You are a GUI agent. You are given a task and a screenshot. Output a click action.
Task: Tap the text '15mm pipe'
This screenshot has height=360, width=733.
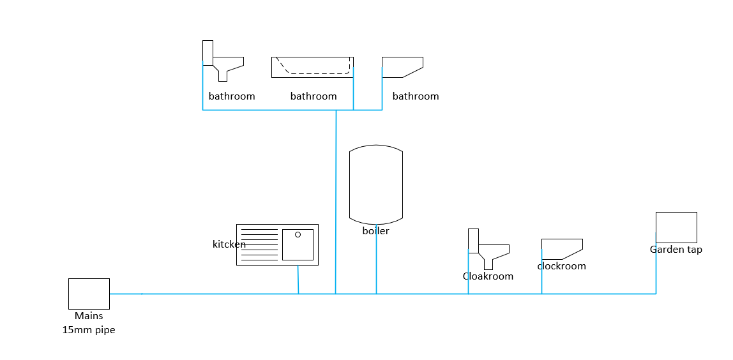(x=89, y=330)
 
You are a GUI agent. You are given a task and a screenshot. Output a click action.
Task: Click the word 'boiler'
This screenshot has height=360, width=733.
(x=376, y=231)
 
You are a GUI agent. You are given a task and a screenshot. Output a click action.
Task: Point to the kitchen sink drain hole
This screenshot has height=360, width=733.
(x=298, y=235)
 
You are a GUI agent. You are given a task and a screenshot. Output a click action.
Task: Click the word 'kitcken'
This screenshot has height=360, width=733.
(x=229, y=244)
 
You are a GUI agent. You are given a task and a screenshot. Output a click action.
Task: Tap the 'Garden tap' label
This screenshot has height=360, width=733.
(x=676, y=250)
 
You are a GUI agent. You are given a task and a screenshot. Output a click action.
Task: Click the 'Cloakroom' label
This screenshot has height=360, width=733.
(x=488, y=276)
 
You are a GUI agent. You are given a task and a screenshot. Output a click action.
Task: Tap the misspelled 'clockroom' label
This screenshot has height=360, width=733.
(x=561, y=266)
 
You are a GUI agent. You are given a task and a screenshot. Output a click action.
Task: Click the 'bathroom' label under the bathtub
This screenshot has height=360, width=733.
(x=314, y=96)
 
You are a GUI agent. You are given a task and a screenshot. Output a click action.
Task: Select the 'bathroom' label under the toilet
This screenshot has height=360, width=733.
(x=232, y=96)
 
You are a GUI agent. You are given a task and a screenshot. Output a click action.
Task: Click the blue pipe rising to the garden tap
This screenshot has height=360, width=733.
(x=656, y=269)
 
